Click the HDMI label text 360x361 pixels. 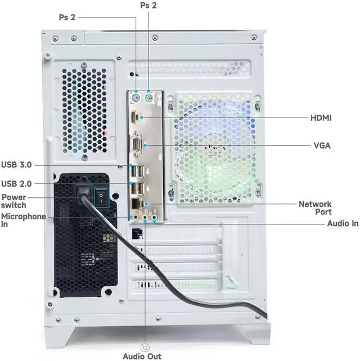pos(321,118)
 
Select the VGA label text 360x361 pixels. pos(322,146)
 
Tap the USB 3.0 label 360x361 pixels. pos(16,165)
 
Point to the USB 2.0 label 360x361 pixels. pos(16,183)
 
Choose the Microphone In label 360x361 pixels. pos(23,220)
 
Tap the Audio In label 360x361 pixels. pos(343,223)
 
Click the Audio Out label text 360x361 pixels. pos(142,357)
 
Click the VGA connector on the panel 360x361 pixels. pos(136,145)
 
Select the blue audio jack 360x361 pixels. pos(154,216)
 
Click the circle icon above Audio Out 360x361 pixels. pos(145,348)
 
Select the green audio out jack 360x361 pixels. pos(144,216)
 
